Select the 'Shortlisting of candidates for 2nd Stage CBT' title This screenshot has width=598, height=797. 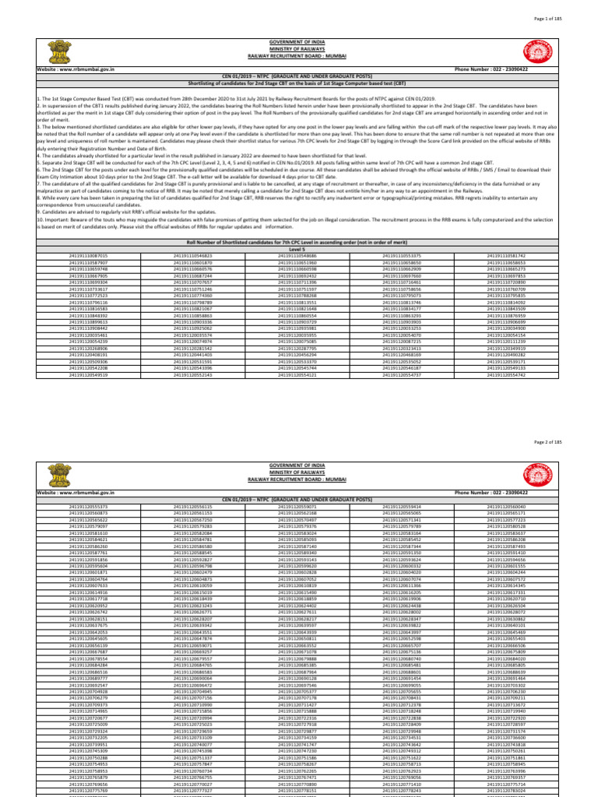[x=299, y=81]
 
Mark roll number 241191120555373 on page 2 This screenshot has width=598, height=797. [x=87, y=507]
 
